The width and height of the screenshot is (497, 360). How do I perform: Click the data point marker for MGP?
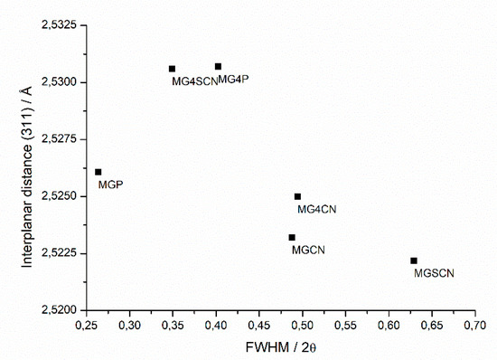pos(98,172)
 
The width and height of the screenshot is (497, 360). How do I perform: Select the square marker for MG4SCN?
pos(173,69)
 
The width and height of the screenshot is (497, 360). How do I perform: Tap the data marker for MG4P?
pos(218,66)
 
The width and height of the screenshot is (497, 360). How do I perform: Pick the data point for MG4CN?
pos(297,196)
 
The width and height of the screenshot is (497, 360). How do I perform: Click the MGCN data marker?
pos(292,237)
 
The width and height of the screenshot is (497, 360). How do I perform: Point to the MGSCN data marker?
pos(414,261)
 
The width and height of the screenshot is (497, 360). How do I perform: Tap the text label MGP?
pos(110,185)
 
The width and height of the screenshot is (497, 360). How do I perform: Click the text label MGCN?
pos(308,250)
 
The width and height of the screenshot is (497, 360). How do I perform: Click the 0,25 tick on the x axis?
pos(87,323)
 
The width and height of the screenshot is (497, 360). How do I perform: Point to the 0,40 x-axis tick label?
pos(216,323)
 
